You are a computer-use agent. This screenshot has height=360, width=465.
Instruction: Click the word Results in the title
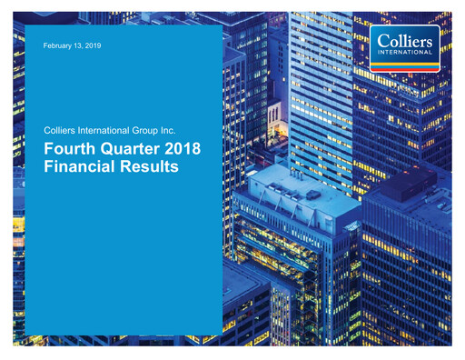pyautogui.click(x=155, y=168)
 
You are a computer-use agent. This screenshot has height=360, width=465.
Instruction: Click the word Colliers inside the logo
pyautogui.click(x=406, y=38)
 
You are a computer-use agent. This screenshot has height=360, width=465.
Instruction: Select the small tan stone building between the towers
pyautogui.click(x=274, y=118)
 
